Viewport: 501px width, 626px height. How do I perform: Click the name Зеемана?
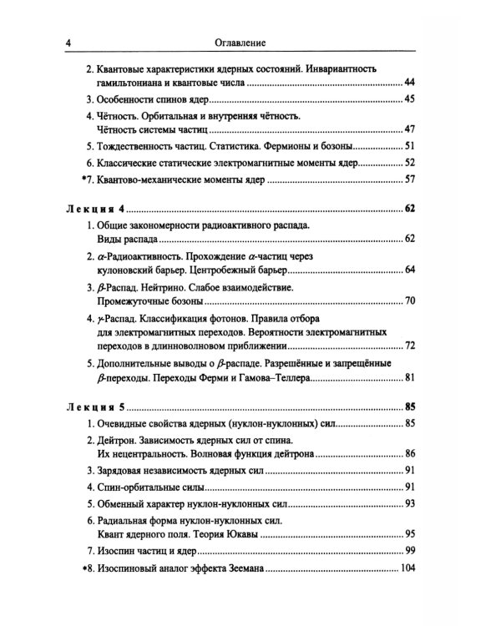pos(239,569)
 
